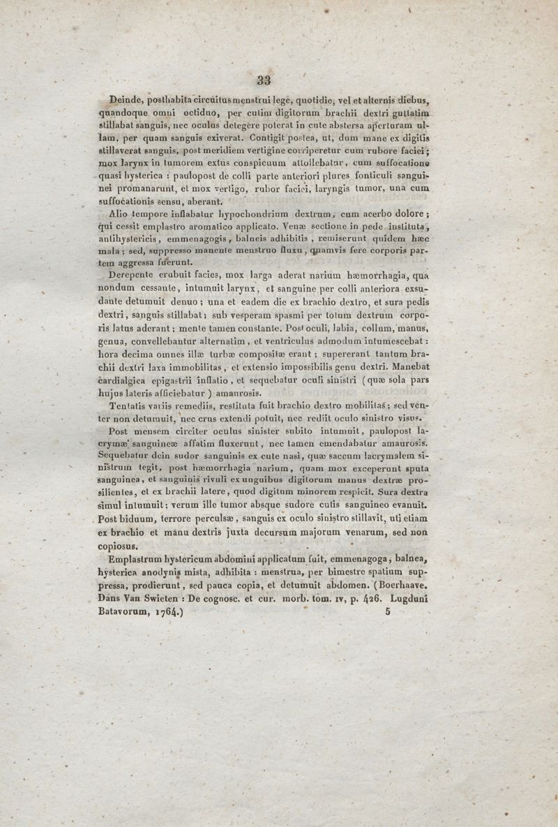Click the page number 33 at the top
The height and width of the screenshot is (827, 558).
tap(264, 80)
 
